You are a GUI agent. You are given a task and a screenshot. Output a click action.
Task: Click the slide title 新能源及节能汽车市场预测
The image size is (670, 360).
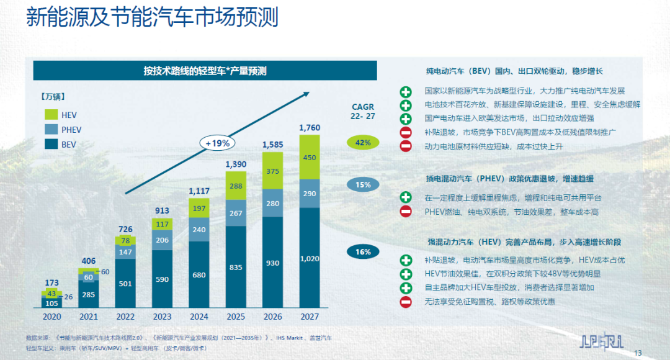click(152, 17)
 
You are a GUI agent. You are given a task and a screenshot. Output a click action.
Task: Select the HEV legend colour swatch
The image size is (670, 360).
click(51, 114)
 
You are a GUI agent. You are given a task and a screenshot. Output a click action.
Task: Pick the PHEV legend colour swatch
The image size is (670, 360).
click(51, 129)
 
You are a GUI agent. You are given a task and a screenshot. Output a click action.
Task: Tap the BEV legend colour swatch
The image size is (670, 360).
click(51, 144)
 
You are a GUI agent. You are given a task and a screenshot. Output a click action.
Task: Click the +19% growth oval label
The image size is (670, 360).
click(218, 143)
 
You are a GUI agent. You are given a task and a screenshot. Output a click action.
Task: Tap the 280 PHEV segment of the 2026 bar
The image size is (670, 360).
click(272, 203)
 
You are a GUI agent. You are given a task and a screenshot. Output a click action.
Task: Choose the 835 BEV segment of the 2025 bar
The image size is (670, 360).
click(236, 267)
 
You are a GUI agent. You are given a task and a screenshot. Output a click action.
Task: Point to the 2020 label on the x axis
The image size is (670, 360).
click(52, 316)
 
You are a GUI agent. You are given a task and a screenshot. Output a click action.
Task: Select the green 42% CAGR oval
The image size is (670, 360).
click(363, 143)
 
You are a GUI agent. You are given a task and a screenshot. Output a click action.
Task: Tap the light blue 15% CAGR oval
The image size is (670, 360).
click(363, 184)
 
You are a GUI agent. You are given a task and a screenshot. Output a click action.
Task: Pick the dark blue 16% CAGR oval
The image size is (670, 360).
click(363, 251)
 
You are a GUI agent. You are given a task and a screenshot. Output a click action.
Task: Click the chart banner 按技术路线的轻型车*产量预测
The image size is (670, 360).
click(205, 71)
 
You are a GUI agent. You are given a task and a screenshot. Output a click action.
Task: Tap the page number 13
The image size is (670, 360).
click(638, 353)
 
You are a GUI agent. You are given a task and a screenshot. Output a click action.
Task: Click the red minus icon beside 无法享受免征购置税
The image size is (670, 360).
click(406, 302)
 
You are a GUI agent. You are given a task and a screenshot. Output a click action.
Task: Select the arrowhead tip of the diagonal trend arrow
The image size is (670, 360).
click(308, 93)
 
